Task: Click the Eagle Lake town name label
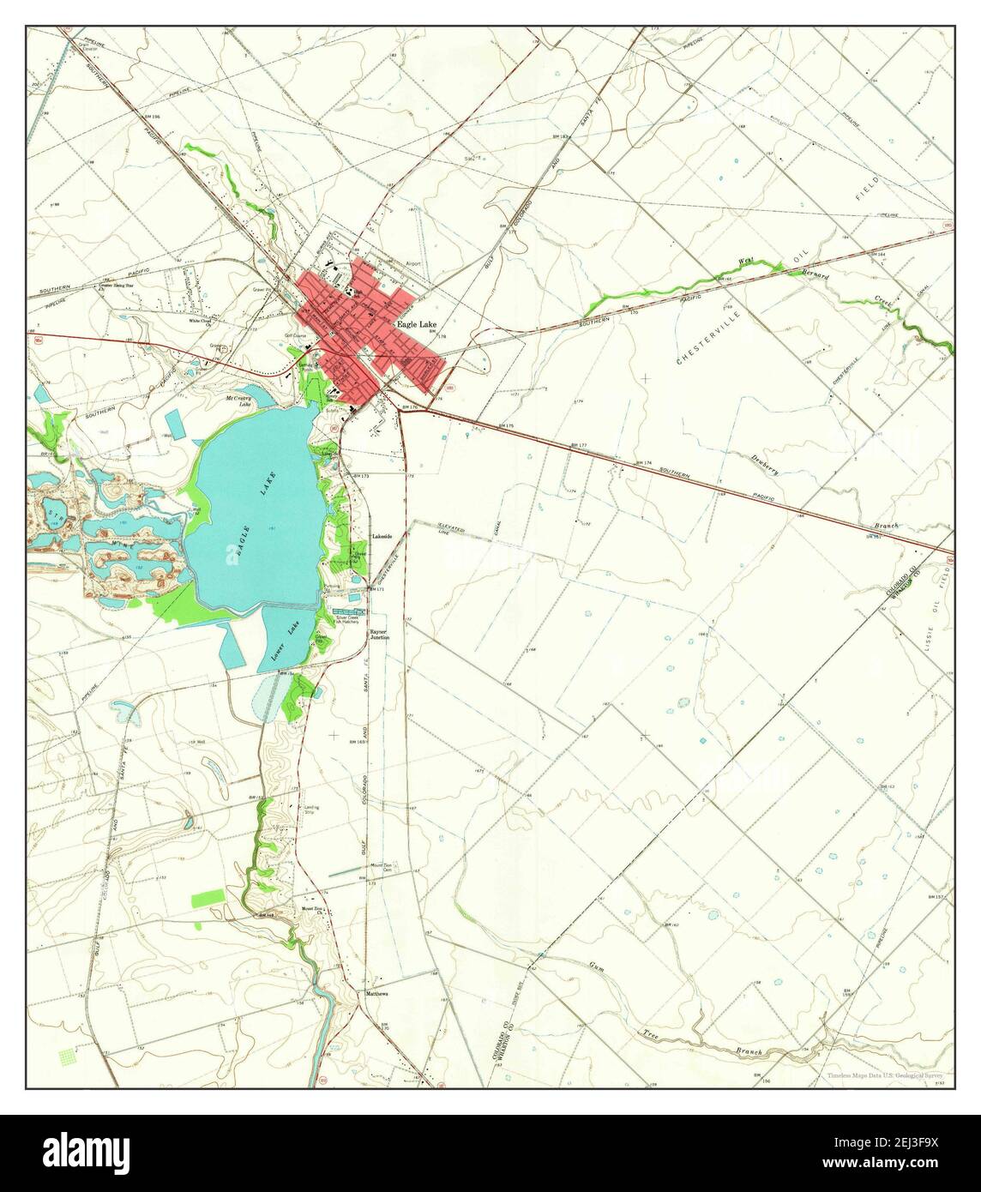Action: (x=415, y=326)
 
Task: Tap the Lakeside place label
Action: (x=381, y=536)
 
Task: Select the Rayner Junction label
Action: (x=378, y=635)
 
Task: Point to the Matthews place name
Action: (x=377, y=994)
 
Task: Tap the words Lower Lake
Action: (x=284, y=639)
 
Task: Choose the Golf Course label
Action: (x=295, y=337)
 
